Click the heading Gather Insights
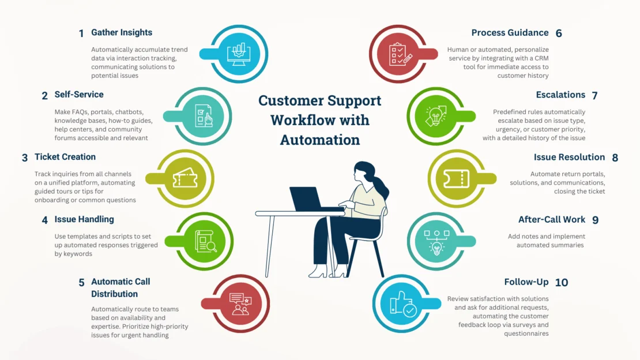click(x=122, y=32)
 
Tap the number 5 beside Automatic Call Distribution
click(x=82, y=283)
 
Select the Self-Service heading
click(x=79, y=95)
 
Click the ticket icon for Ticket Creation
click(x=185, y=178)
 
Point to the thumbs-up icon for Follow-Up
click(x=403, y=303)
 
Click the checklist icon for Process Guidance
click(x=400, y=54)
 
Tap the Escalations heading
click(x=560, y=95)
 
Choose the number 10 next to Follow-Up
click(x=562, y=282)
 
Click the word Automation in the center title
click(x=320, y=140)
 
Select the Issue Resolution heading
click(x=570, y=157)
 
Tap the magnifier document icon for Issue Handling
click(x=206, y=241)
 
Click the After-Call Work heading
click(x=552, y=219)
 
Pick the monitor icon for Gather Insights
click(x=239, y=54)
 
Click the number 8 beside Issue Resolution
click(x=615, y=157)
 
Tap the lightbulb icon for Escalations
click(x=436, y=116)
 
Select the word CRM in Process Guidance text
click(x=541, y=58)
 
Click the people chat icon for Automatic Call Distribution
click(x=240, y=303)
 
